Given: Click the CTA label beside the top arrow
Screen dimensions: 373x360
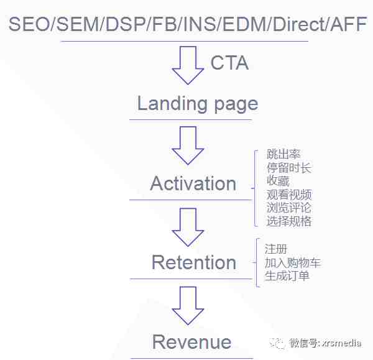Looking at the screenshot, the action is [x=229, y=63].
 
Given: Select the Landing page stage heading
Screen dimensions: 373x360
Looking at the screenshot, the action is [x=198, y=104].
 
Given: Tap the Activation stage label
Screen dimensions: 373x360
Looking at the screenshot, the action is [x=193, y=183].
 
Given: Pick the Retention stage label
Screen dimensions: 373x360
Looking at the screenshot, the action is [x=194, y=262].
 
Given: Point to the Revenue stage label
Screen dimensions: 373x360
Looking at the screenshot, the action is [x=191, y=342].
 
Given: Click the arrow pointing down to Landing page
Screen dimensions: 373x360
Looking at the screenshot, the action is [x=188, y=65].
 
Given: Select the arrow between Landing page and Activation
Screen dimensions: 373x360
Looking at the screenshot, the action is [x=188, y=145].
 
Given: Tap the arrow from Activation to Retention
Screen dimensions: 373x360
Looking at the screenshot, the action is [x=188, y=227].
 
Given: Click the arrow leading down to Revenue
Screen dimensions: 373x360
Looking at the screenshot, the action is [x=188, y=306].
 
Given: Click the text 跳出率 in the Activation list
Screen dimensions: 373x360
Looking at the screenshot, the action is [x=283, y=154].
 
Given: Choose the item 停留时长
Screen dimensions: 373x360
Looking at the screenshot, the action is [x=289, y=168].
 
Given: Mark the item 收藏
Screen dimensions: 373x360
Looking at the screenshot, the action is [x=278, y=181].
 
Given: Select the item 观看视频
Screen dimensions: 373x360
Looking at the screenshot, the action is [x=289, y=195].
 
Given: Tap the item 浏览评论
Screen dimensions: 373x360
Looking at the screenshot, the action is [x=289, y=208].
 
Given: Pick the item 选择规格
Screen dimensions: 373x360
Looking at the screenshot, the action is [x=289, y=221].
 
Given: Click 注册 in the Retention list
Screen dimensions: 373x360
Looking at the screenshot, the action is [x=275, y=249].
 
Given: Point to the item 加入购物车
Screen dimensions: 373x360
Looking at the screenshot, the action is [x=293, y=262].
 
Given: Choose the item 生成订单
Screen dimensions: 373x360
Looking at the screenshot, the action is [x=287, y=276].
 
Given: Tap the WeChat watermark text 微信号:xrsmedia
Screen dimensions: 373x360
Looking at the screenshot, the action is [x=325, y=343].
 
